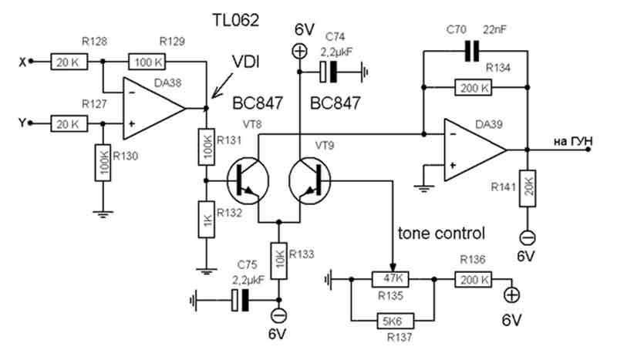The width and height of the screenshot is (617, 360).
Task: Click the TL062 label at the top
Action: tap(236, 21)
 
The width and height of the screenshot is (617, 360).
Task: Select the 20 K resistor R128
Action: tap(69, 62)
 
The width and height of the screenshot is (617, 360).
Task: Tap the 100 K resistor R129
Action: tap(147, 62)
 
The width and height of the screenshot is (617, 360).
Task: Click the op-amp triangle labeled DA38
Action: tap(153, 108)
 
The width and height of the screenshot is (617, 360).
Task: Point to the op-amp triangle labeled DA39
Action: tap(475, 150)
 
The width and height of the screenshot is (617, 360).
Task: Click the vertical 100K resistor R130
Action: tap(103, 163)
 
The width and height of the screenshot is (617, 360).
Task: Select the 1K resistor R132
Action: tap(207, 220)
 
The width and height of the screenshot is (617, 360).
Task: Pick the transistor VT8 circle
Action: tap(248, 180)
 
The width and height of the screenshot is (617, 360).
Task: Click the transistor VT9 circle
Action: tap(310, 180)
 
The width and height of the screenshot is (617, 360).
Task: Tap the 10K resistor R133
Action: tap(278, 261)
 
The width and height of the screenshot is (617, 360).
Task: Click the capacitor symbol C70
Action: tap(472, 51)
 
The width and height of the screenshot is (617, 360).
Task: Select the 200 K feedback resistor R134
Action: tap(473, 87)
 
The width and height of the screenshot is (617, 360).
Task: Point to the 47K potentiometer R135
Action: tap(390, 279)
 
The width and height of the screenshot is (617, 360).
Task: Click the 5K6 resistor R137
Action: tap(396, 321)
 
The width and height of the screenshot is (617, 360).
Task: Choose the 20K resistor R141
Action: tap(528, 188)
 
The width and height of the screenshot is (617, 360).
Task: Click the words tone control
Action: tap(441, 234)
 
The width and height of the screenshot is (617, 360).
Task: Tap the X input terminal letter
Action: tap(22, 62)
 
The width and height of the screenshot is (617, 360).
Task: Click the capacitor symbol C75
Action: tap(241, 300)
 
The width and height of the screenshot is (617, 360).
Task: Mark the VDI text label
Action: tap(245, 62)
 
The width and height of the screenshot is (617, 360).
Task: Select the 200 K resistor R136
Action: tap(474, 279)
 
